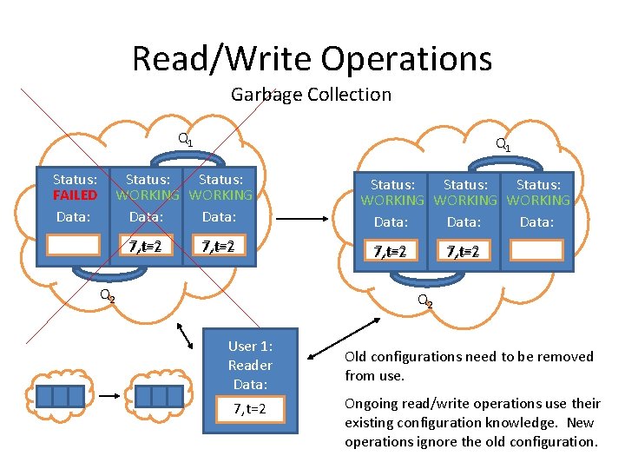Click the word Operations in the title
pos(406,59)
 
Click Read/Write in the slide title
pos(222,59)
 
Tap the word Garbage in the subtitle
pos(266,94)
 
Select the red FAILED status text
pos(75,195)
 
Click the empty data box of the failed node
pos(75,245)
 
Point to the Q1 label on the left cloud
pos(186,139)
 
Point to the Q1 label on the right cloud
pos(503,144)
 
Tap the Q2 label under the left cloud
pos(107,295)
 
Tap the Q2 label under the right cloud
pos(424,301)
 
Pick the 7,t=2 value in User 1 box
pos(250,408)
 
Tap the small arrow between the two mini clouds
pos(110,395)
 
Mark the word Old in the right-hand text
pos(356,356)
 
